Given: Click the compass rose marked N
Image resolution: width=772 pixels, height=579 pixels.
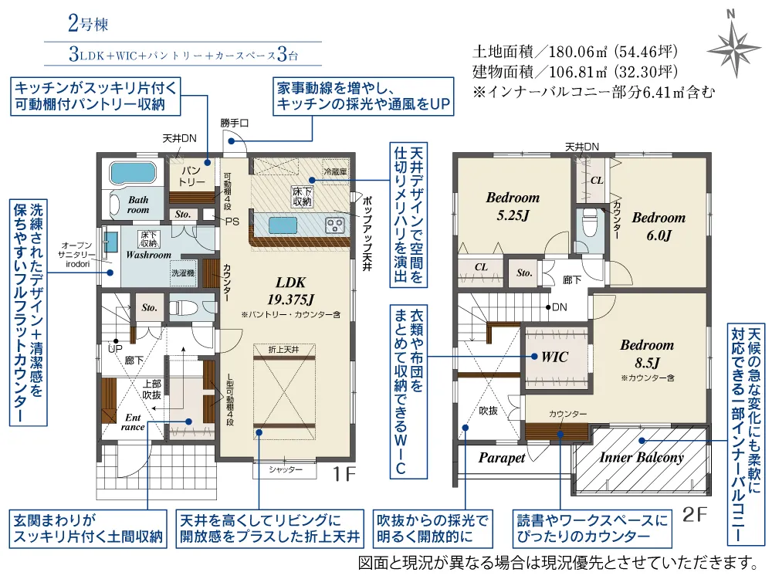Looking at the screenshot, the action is pyautogui.click(x=733, y=48).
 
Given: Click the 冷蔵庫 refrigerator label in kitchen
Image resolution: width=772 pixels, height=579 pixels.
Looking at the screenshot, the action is pyautogui.click(x=335, y=171).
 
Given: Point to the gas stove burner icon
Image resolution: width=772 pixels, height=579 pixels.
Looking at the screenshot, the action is pyautogui.click(x=335, y=225).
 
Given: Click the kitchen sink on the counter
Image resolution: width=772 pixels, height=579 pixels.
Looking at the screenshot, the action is pyautogui.click(x=283, y=225).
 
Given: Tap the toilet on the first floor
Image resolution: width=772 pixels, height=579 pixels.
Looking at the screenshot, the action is pyautogui.click(x=185, y=308).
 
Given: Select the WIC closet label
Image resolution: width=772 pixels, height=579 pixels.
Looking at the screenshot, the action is pyautogui.click(x=555, y=357).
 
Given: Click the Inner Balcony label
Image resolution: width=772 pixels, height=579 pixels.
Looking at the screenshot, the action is pyautogui.click(x=642, y=457).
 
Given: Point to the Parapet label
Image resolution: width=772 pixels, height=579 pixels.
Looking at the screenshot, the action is pyautogui.click(x=502, y=458).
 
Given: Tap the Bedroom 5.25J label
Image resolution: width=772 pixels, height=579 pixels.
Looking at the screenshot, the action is pyautogui.click(x=513, y=206).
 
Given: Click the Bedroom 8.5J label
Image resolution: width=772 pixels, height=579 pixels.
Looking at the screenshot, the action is pyautogui.click(x=647, y=354).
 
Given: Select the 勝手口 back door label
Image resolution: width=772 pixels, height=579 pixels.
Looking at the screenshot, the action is pyautogui.click(x=234, y=123).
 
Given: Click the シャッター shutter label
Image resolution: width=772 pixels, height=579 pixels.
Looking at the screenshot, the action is pyautogui.click(x=286, y=469).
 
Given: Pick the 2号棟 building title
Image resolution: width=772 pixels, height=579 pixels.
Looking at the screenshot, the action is pyautogui.click(x=88, y=24).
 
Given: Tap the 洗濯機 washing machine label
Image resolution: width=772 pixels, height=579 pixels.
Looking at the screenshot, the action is pyautogui.click(x=183, y=273).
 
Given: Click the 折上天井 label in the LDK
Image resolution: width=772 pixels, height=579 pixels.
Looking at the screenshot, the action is pyautogui.click(x=284, y=350).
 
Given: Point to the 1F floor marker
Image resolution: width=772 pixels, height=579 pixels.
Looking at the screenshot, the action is pyautogui.click(x=344, y=474).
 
